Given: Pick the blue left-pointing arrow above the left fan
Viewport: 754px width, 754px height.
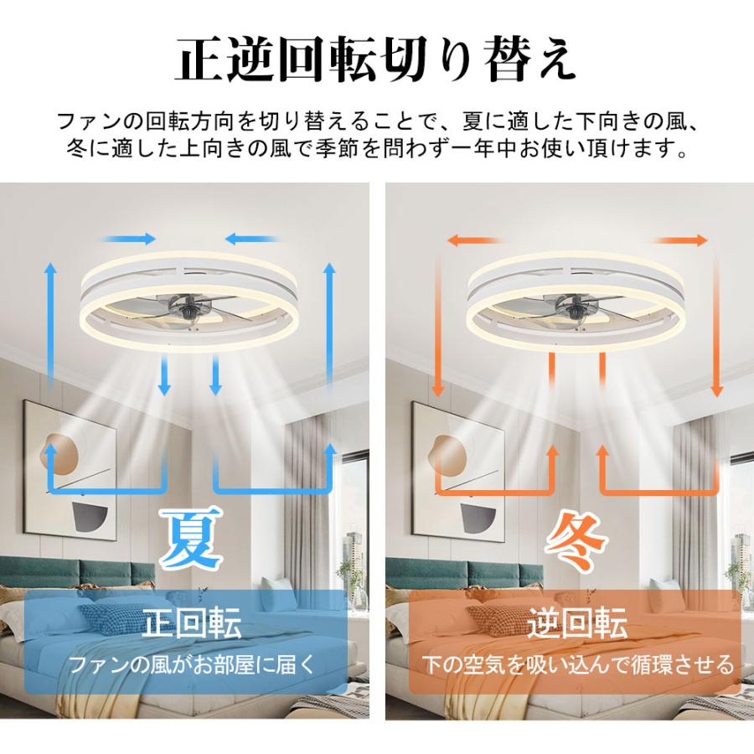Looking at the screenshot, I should pos(251,239).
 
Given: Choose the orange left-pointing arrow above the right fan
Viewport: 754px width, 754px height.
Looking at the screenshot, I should pos(473,240).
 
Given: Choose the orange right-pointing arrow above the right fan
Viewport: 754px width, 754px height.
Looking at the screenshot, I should pos(683,240).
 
